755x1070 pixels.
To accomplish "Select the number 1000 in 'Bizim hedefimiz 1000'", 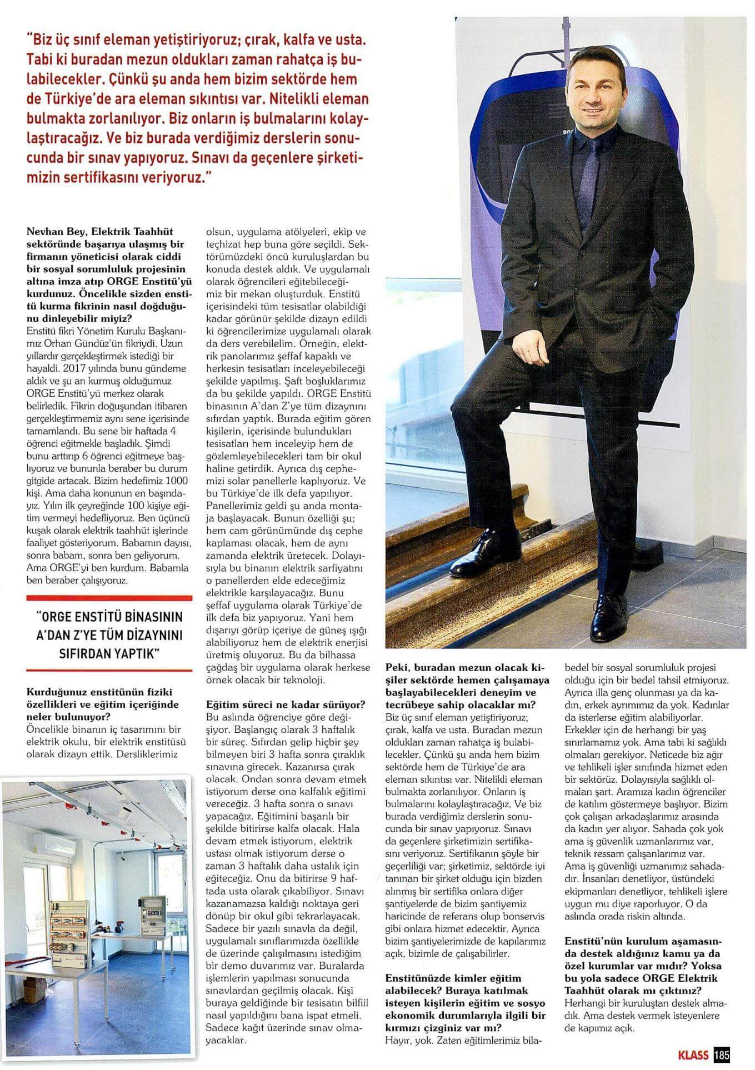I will point(178,480).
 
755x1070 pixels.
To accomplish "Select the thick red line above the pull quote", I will point(109,597).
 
